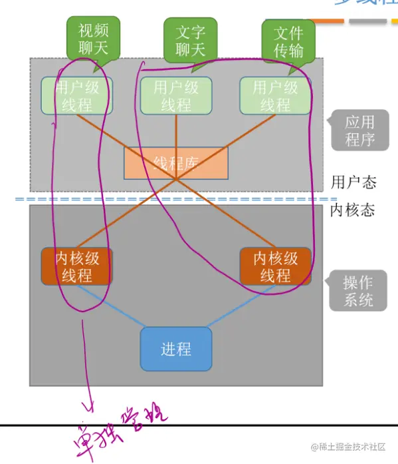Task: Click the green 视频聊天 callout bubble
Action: [x=93, y=38]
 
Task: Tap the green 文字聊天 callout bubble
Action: [x=191, y=40]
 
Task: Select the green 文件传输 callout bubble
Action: [x=288, y=41]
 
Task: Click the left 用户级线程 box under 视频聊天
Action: [x=77, y=96]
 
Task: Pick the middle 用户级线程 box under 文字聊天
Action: [x=176, y=96]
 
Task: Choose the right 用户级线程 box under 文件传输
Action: [x=275, y=96]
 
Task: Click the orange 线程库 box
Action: [x=176, y=163]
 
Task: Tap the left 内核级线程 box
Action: [x=76, y=266]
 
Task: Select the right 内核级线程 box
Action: [x=275, y=266]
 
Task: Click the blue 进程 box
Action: [x=176, y=349]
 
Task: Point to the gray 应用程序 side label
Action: [x=359, y=130]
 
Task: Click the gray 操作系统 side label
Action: [x=358, y=292]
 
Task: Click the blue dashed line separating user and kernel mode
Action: [x=173, y=199]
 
